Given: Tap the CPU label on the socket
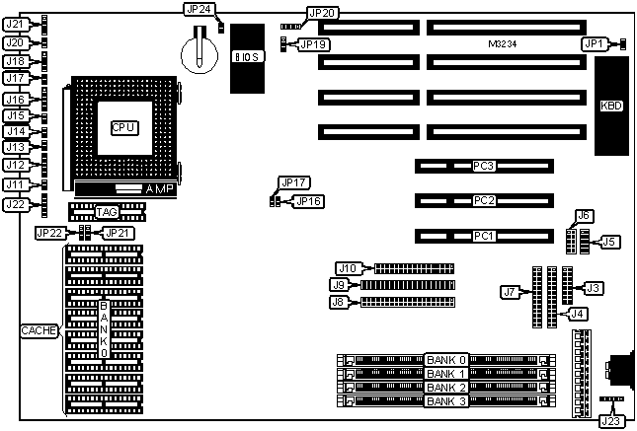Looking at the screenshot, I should point(123,127).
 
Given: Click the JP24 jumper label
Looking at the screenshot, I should point(198,9).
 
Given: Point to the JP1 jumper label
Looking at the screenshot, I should point(593,43).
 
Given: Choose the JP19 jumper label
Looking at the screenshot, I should point(313,44).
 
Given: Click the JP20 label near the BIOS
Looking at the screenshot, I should point(322,13).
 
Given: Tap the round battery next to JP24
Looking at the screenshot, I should point(201,49).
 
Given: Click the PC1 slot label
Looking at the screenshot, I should point(483,236).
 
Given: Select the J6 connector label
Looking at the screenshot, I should point(584,216).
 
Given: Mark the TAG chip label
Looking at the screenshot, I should point(107,212).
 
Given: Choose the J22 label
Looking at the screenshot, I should point(16,204).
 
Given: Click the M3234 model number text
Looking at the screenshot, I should point(505,44).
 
